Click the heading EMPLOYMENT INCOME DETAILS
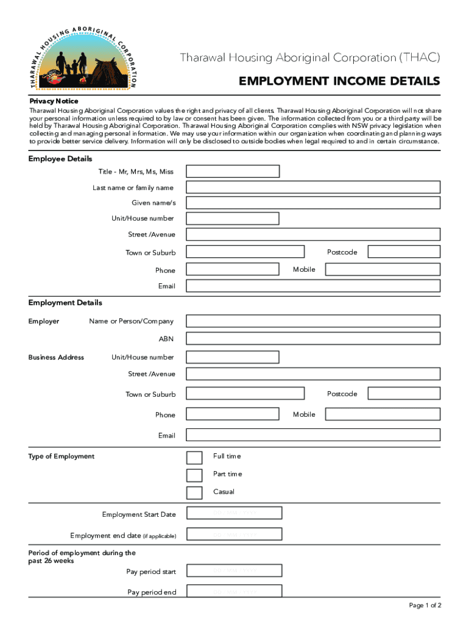[339, 81]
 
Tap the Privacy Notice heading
[54, 101]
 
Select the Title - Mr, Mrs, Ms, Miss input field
[233, 171]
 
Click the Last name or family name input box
[313, 187]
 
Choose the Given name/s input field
[313, 203]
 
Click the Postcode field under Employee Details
[403, 252]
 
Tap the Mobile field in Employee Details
[382, 269]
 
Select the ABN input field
[313, 339]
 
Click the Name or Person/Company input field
[313, 321]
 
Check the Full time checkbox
[194, 458]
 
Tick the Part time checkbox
[194, 475]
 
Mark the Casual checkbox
[194, 493]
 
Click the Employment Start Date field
[234, 514]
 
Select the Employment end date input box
[234, 534]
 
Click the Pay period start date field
[234, 571]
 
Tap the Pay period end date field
[234, 591]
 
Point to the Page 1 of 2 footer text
[425, 605]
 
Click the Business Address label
[56, 357]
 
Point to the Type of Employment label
[62, 456]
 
